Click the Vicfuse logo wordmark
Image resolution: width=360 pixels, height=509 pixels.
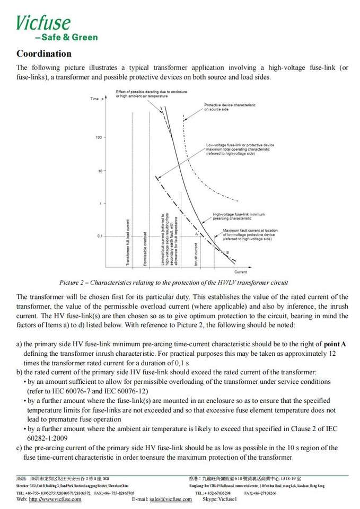43,23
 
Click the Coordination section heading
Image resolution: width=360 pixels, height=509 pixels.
44,54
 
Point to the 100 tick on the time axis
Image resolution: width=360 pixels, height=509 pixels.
99,138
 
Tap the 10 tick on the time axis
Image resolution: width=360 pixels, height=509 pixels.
100,171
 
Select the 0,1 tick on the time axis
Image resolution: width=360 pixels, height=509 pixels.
100,236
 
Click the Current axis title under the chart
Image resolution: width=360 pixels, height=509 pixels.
240,272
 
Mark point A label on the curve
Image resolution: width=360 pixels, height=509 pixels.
196,233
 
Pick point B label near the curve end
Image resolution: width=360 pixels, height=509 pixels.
227,252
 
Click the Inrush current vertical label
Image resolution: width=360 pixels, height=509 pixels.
196,254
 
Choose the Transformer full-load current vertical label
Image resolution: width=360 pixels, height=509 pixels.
127,241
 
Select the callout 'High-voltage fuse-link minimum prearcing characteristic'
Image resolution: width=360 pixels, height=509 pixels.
232,216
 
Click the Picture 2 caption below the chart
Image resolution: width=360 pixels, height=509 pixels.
173,283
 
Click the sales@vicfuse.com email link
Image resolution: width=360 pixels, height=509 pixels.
171,499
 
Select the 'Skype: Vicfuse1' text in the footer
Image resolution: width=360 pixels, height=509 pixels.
219,499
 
